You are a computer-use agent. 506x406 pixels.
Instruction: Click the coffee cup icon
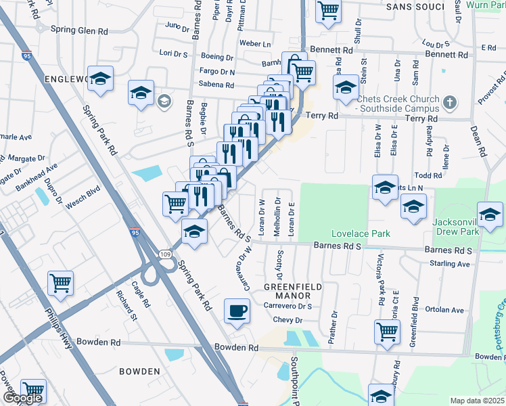pyautogui.click(x=236, y=311)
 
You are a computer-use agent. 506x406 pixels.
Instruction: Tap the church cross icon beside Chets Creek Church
pyautogui.click(x=450, y=104)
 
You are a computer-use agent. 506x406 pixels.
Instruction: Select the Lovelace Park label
pyautogui.click(x=361, y=233)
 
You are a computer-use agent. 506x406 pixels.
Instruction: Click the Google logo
pyautogui.click(x=22, y=398)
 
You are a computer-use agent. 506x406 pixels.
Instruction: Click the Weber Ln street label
pyautogui.click(x=256, y=44)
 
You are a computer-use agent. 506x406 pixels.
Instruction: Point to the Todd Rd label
pyautogui.click(x=428, y=175)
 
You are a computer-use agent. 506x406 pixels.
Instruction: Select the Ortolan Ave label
pyautogui.click(x=444, y=310)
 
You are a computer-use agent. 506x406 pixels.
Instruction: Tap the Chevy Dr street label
pyautogui.click(x=287, y=320)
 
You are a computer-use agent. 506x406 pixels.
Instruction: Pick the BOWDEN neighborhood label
pyautogui.click(x=139, y=371)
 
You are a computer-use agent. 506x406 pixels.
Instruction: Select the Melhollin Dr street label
pyautogui.click(x=277, y=217)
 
